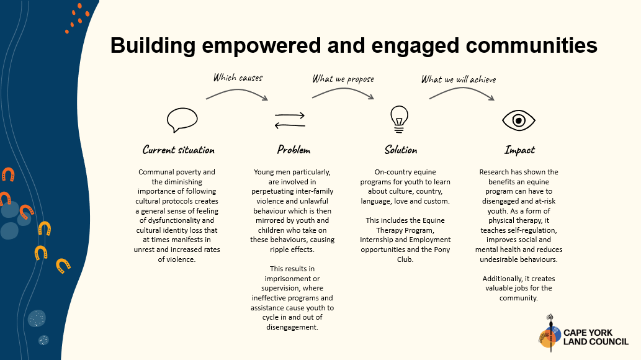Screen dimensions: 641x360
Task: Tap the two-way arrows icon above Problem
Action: coord(290,120)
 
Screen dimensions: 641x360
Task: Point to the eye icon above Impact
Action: coord(519,120)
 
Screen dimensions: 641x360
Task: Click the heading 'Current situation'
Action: coord(178,150)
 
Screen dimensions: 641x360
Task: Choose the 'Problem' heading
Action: coord(294,150)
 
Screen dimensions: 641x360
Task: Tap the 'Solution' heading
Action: coord(400,150)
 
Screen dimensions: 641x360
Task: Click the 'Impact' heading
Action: coord(519,150)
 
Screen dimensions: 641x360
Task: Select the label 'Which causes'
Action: coord(238,78)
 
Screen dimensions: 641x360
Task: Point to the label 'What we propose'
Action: coord(343,79)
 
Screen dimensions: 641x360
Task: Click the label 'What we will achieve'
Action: coord(459,79)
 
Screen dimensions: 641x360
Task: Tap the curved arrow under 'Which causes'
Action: coord(237,92)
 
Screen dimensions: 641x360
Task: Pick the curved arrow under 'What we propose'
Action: coord(343,92)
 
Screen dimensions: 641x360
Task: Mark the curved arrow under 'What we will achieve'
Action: coord(462,92)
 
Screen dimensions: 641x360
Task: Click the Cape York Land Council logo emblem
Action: coord(549,336)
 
